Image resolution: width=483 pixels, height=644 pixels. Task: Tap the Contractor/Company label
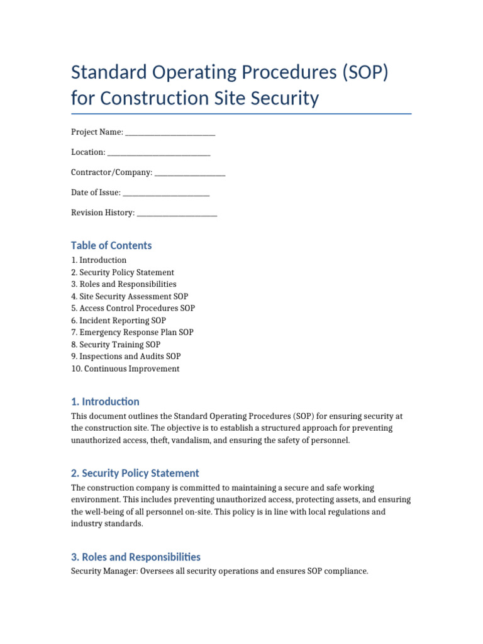coord(111,172)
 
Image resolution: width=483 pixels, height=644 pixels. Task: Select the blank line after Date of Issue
coord(166,193)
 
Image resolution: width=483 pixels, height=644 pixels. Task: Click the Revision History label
coord(103,213)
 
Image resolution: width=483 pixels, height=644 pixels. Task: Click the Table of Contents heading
coord(111,246)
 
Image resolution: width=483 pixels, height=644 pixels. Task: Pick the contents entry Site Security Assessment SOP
coord(130,296)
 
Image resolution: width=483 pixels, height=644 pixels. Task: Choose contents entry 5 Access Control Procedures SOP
coord(133,309)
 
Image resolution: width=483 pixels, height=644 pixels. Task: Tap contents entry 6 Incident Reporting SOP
coord(118,321)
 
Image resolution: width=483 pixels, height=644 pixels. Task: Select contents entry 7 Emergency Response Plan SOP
coord(132,333)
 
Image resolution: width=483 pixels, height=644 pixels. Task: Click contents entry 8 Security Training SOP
coord(116,345)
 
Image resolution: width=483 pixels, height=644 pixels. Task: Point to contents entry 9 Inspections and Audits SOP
coord(126,357)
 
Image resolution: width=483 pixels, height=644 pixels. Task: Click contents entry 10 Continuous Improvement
coord(125,369)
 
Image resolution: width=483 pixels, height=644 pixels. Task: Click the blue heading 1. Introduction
coord(105,402)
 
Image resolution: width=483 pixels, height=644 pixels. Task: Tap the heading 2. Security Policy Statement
coord(135,474)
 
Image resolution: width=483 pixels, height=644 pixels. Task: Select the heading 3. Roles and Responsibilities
coord(135,557)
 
